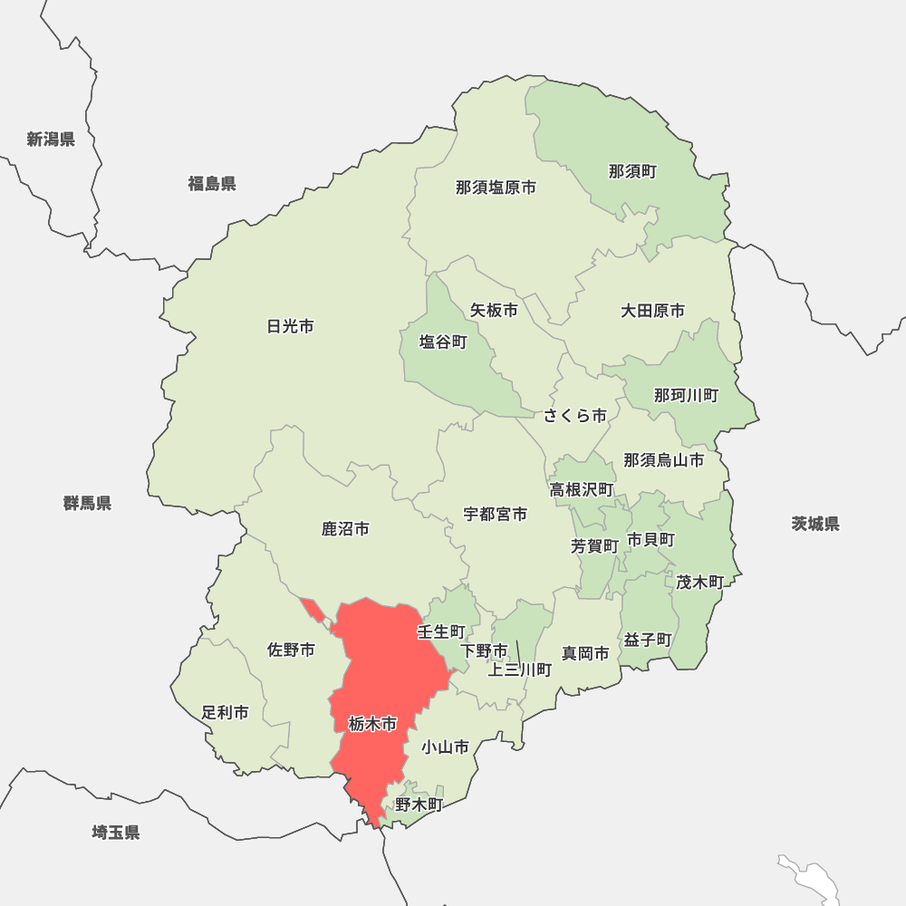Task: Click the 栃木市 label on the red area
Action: coord(372,724)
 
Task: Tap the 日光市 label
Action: coord(291,326)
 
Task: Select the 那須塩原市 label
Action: coord(496,188)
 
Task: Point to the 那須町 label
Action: coord(632,171)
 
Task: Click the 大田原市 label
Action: coord(652,311)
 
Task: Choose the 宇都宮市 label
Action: coord(496,514)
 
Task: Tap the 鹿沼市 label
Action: coord(345,528)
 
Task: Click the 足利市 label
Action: coord(225,712)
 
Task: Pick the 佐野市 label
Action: coord(291,650)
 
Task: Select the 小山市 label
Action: coord(445,747)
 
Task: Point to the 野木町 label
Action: coord(419,804)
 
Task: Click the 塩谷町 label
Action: coord(443,342)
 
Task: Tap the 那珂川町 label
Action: coord(686,395)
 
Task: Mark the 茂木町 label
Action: coord(699,582)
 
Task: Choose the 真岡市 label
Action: coord(585,652)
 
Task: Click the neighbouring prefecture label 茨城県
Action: coord(815,524)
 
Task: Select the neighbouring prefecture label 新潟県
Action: coord(51,139)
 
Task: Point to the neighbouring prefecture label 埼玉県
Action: coord(116,832)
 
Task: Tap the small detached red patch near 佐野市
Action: coord(313,610)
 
